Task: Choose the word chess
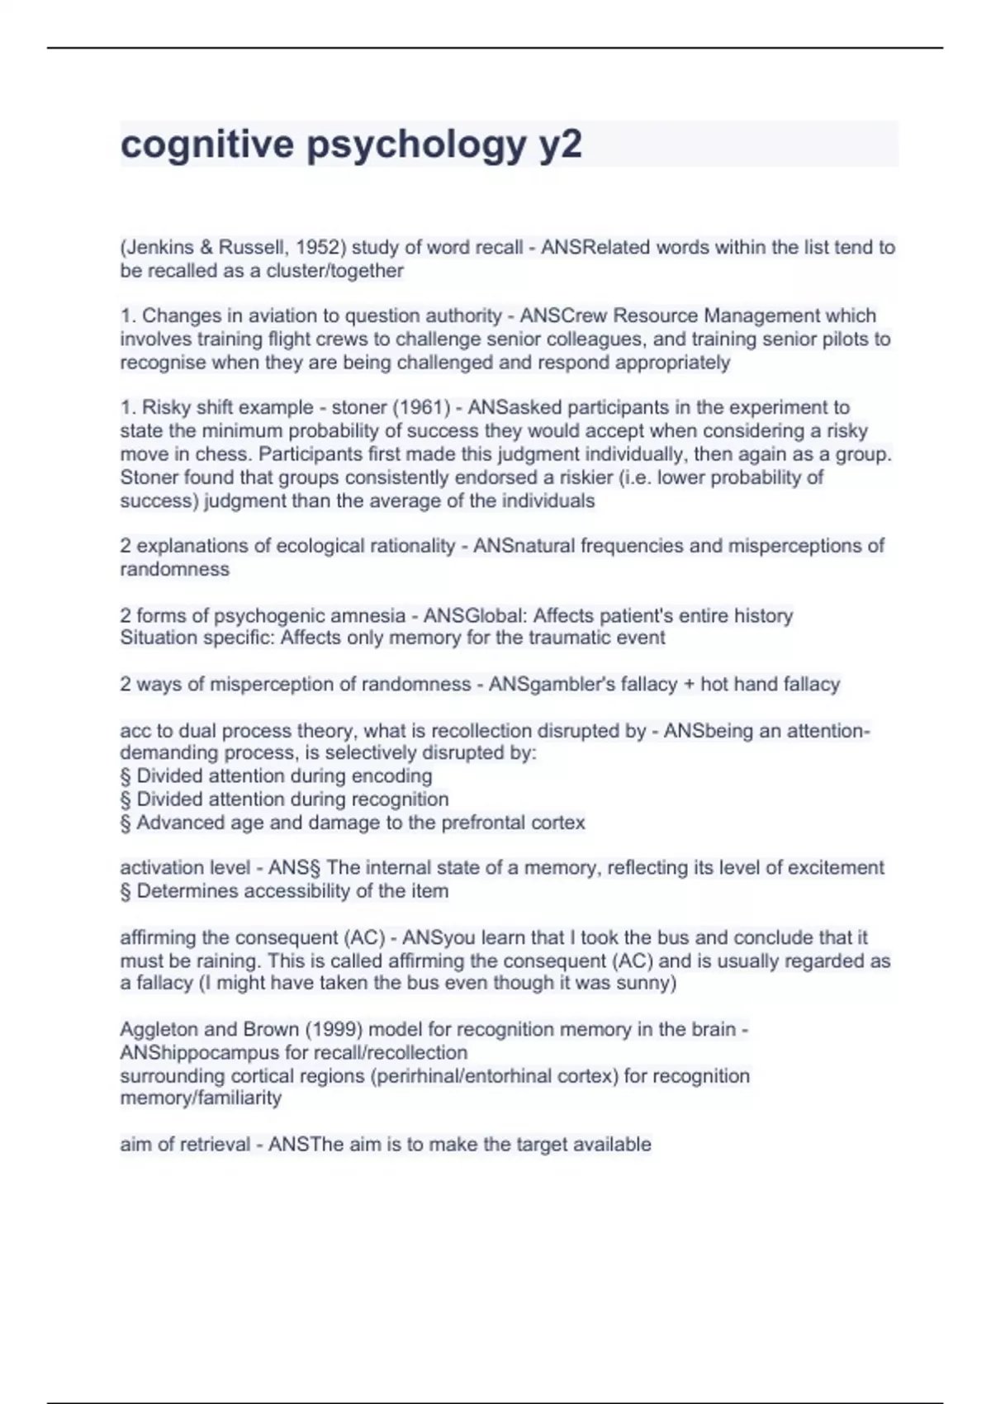(x=226, y=455)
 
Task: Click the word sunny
(x=646, y=984)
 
